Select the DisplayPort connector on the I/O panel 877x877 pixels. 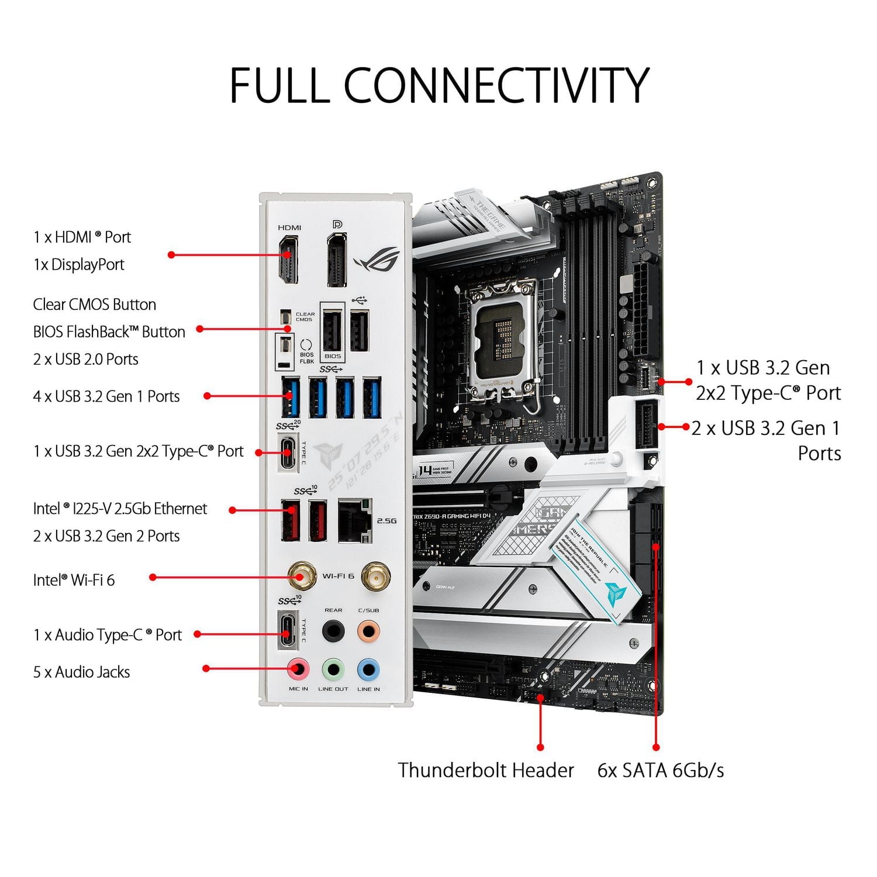tap(336, 260)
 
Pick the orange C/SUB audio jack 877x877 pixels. tap(368, 631)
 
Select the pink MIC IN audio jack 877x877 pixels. tap(298, 668)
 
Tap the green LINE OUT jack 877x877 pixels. tap(333, 668)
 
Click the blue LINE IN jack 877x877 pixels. tap(368, 668)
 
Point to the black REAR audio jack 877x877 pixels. tap(333, 631)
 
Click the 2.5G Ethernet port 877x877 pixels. tap(354, 520)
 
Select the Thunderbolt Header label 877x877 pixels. tap(485, 770)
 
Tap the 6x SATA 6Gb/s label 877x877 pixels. tap(660, 770)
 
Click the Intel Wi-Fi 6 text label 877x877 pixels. tap(74, 580)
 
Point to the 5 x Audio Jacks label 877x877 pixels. tap(81, 672)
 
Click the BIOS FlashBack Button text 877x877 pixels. tap(109, 332)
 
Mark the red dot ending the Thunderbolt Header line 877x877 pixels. tap(540, 747)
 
